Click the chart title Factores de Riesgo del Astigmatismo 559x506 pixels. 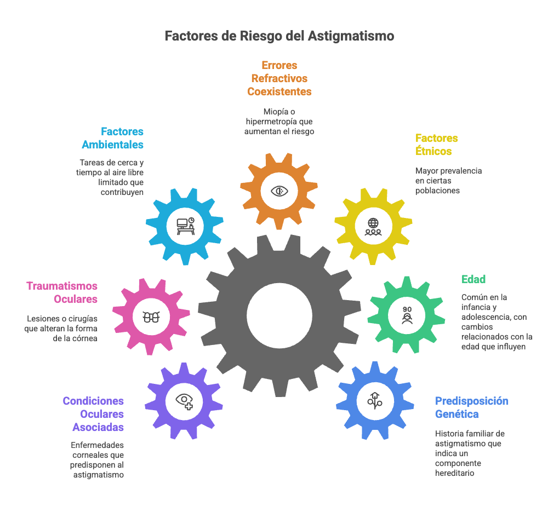[279, 36]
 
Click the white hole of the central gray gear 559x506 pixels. [279, 315]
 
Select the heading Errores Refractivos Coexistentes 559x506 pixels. [279, 78]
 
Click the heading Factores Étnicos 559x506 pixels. [436, 145]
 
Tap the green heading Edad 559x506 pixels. [474, 279]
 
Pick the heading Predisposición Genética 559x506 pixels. [471, 407]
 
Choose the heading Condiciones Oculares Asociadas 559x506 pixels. [94, 414]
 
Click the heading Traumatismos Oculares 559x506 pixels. [62, 292]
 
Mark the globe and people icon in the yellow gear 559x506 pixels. [373, 226]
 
